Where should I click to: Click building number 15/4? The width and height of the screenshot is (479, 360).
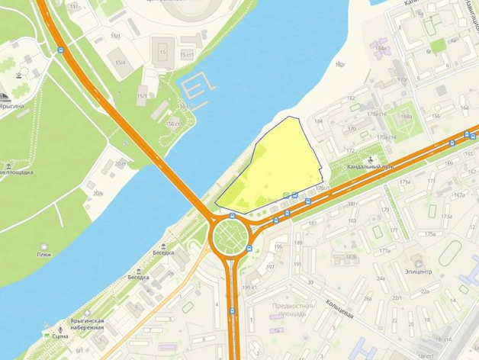[120, 63]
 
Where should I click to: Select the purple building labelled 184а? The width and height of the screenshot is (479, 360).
[381, 50]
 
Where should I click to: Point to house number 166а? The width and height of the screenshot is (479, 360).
[406, 116]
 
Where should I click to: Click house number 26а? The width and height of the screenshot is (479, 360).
[368, 298]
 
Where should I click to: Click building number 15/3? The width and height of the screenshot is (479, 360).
[140, 95]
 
